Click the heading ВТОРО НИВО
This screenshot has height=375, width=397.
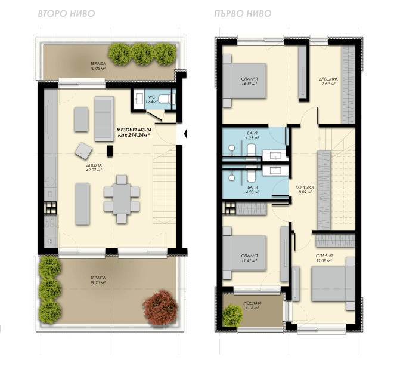point(66,14)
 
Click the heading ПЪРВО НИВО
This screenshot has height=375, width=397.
point(243,14)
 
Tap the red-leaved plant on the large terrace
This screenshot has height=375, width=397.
point(160,308)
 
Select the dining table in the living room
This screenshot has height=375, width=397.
point(122,199)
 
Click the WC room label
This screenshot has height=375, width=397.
point(151,97)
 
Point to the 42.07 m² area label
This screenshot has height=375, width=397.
point(94,170)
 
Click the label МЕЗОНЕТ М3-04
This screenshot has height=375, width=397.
point(134,130)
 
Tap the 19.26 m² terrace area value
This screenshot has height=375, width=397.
point(98,282)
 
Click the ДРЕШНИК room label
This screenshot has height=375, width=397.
point(328,79)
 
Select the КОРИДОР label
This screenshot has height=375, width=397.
point(305,187)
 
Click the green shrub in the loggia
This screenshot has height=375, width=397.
point(232,315)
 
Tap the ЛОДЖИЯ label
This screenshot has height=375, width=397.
point(252,303)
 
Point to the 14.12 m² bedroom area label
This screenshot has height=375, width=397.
point(249,84)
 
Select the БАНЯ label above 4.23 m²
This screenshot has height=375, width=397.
point(252,133)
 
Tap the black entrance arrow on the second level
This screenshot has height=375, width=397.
point(185,133)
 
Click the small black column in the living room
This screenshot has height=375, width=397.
point(110,151)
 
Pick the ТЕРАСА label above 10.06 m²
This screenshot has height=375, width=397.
point(98,64)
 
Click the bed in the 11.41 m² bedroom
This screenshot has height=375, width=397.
point(244,253)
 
